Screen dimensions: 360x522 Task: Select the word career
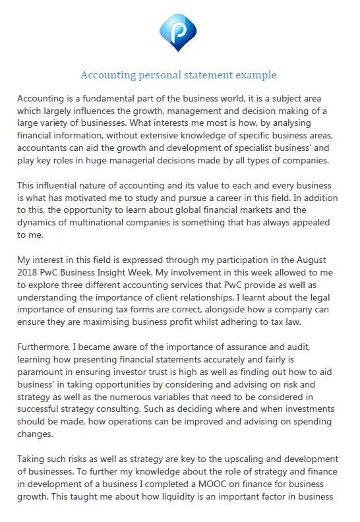(x=247, y=198)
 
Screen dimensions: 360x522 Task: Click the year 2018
(x=29, y=273)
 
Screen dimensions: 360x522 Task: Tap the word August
(x=310, y=260)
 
